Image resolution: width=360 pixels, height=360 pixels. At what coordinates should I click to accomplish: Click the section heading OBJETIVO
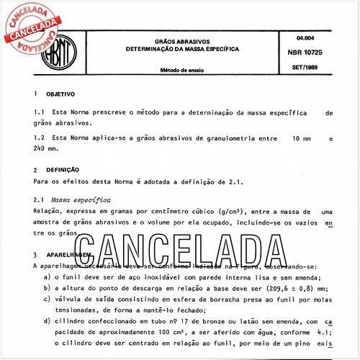[60, 94]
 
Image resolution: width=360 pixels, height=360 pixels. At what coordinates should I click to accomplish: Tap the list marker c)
[47, 300]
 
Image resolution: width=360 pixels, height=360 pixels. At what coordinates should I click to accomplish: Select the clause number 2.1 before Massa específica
[39, 197]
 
